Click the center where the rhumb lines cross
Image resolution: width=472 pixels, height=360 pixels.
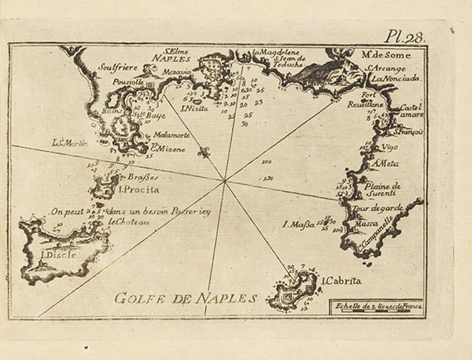[225, 178]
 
